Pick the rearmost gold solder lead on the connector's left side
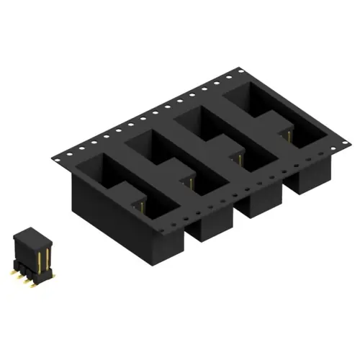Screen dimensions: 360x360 (x=15, y=269)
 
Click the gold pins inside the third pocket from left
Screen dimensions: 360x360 (x=238, y=154)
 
